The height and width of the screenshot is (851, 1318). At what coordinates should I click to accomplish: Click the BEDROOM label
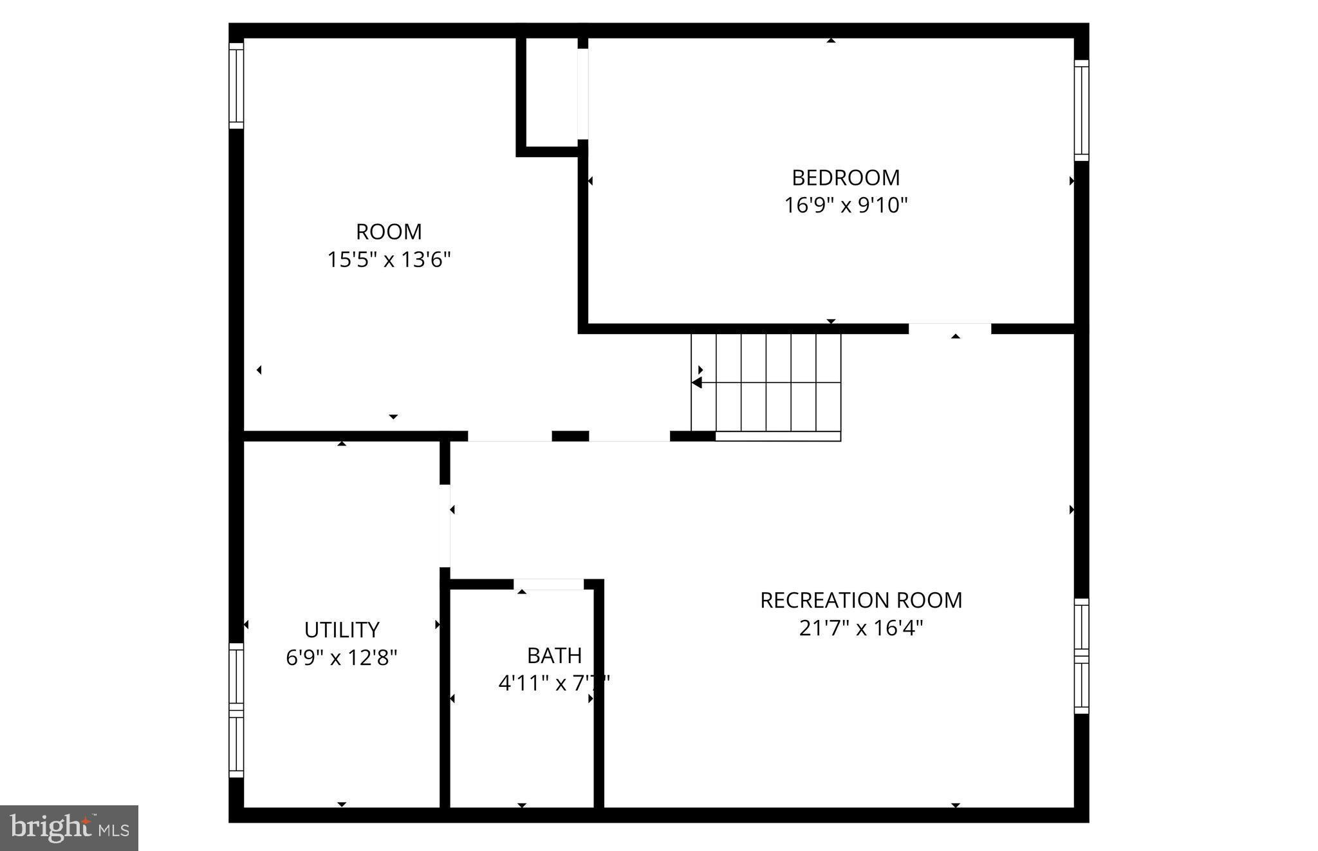point(846,177)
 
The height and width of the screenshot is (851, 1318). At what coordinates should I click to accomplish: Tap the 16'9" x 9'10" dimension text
point(846,205)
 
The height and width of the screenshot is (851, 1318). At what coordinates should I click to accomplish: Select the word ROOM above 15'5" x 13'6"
point(389,232)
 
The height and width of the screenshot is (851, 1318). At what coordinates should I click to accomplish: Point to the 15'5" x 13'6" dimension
point(389,260)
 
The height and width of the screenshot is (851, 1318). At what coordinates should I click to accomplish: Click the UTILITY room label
point(342,630)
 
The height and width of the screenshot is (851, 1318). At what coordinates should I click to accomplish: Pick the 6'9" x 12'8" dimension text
point(342,658)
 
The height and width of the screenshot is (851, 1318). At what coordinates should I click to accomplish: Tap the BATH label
point(554,655)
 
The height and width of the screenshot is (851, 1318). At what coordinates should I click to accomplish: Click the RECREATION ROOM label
point(861,600)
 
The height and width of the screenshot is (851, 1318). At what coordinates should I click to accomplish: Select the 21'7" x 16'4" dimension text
point(861,628)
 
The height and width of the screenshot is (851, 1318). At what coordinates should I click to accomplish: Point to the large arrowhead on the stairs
point(697,383)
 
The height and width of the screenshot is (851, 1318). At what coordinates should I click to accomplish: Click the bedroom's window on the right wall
point(1081,111)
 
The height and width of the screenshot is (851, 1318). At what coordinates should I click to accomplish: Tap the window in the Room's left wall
point(236,86)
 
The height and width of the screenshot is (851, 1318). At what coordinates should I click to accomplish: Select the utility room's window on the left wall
point(236,709)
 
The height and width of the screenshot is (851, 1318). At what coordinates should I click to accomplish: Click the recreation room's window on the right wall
point(1081,656)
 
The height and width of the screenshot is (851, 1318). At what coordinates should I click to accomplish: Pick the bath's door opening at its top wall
point(548,584)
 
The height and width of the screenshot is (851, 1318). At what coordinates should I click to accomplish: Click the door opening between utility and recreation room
point(444,526)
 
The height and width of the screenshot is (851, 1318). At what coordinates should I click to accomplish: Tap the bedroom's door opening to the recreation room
point(949,329)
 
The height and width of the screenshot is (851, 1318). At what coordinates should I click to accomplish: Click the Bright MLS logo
point(70,828)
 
